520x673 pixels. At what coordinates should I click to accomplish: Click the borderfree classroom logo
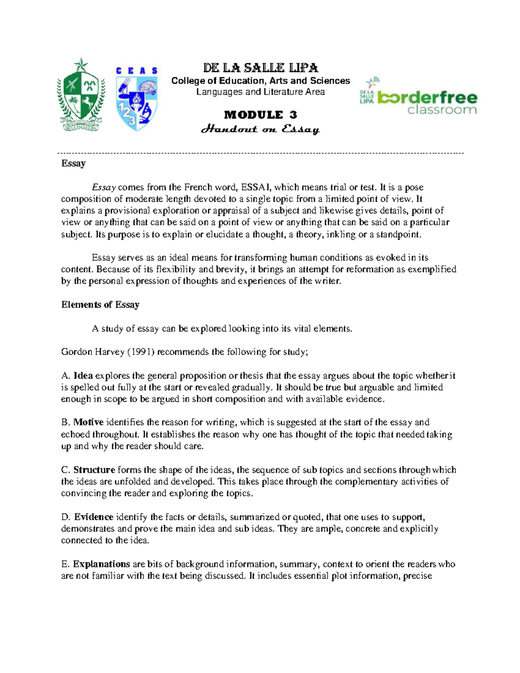point(418,98)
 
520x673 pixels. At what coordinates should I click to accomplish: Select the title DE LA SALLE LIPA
point(260,68)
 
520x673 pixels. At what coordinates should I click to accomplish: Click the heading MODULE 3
point(260,115)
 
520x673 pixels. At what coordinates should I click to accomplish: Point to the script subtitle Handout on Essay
point(260,129)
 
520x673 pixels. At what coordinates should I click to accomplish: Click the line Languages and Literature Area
point(260,92)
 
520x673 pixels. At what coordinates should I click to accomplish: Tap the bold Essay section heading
point(73,163)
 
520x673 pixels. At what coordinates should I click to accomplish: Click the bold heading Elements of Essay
point(100,305)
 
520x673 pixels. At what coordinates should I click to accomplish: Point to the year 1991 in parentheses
point(140,352)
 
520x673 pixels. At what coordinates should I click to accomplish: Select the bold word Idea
point(83,376)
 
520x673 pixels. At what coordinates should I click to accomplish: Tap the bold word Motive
point(88,422)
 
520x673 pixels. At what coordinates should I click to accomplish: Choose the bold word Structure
point(94,470)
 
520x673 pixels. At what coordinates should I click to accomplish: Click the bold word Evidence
point(94,517)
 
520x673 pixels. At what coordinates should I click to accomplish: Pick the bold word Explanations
point(101,564)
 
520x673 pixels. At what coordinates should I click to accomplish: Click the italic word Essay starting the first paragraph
point(104,187)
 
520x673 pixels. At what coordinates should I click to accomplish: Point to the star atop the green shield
point(81,65)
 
